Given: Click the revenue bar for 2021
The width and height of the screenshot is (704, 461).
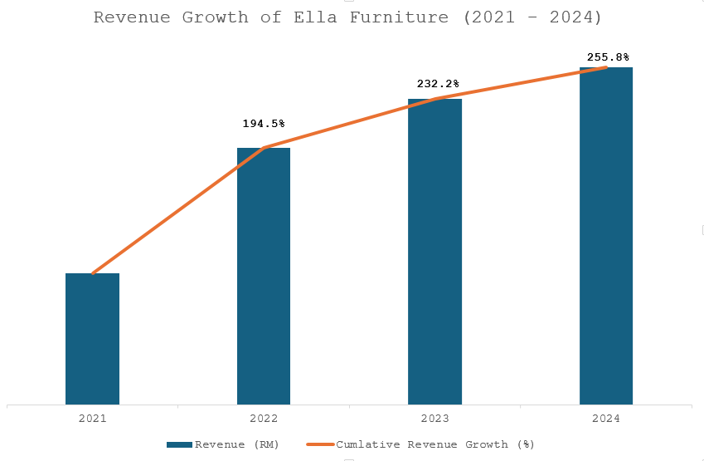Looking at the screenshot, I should point(92,339).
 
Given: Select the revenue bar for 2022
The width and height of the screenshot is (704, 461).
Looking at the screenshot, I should point(264,276).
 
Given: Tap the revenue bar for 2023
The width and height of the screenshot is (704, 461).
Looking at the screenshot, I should point(435,252).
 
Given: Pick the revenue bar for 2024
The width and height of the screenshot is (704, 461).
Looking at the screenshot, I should point(606,236).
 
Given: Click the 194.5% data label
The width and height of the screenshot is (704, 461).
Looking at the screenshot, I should point(264,124).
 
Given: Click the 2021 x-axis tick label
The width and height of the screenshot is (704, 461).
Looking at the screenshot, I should point(92,419).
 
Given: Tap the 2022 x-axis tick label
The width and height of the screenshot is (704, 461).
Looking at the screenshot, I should point(264,419).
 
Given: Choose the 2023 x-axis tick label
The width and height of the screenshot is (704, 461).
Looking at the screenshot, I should point(435,419).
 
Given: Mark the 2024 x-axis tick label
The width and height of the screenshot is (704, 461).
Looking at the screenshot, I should point(606,419).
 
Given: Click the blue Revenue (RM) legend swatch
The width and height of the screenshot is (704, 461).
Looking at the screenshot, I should point(179,444).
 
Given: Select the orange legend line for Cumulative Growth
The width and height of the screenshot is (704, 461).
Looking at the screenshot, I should point(320,444).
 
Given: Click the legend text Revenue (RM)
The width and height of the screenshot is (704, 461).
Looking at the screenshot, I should point(237,444).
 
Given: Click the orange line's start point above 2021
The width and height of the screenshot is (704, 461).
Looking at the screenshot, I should point(92,273).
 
